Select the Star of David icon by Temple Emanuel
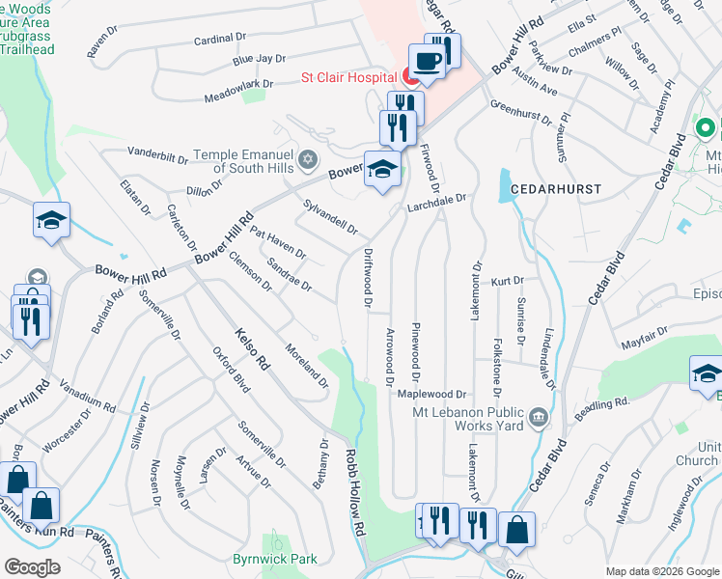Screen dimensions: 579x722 [307, 159]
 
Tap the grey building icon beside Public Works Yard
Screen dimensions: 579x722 [538, 418]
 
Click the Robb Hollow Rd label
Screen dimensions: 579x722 [356, 492]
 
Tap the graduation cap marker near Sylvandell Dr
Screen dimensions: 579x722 [382, 170]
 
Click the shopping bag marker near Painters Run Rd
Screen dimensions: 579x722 [41, 505]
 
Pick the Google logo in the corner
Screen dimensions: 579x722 [33, 567]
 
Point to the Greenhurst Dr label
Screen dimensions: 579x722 [519, 112]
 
